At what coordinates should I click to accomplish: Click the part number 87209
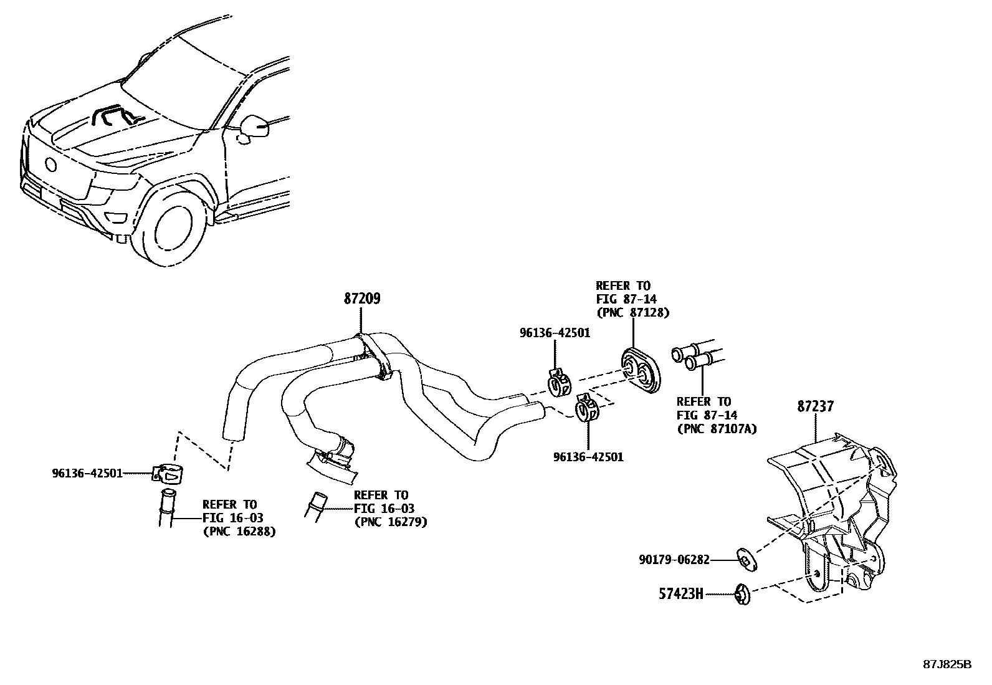pyautogui.click(x=361, y=299)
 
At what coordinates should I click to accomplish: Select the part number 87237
pyautogui.click(x=815, y=406)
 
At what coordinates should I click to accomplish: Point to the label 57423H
pyautogui.click(x=680, y=594)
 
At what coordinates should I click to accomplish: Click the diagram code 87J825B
pyautogui.click(x=947, y=664)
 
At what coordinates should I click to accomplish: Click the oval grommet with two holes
pyautogui.click(x=641, y=371)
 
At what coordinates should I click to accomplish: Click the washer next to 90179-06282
pyautogui.click(x=745, y=559)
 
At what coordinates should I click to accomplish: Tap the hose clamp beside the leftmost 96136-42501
pyautogui.click(x=168, y=474)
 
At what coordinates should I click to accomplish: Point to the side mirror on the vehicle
pyautogui.click(x=256, y=126)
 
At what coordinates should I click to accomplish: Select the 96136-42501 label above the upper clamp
pyautogui.click(x=555, y=333)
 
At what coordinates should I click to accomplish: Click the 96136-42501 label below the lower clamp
pyautogui.click(x=588, y=457)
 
